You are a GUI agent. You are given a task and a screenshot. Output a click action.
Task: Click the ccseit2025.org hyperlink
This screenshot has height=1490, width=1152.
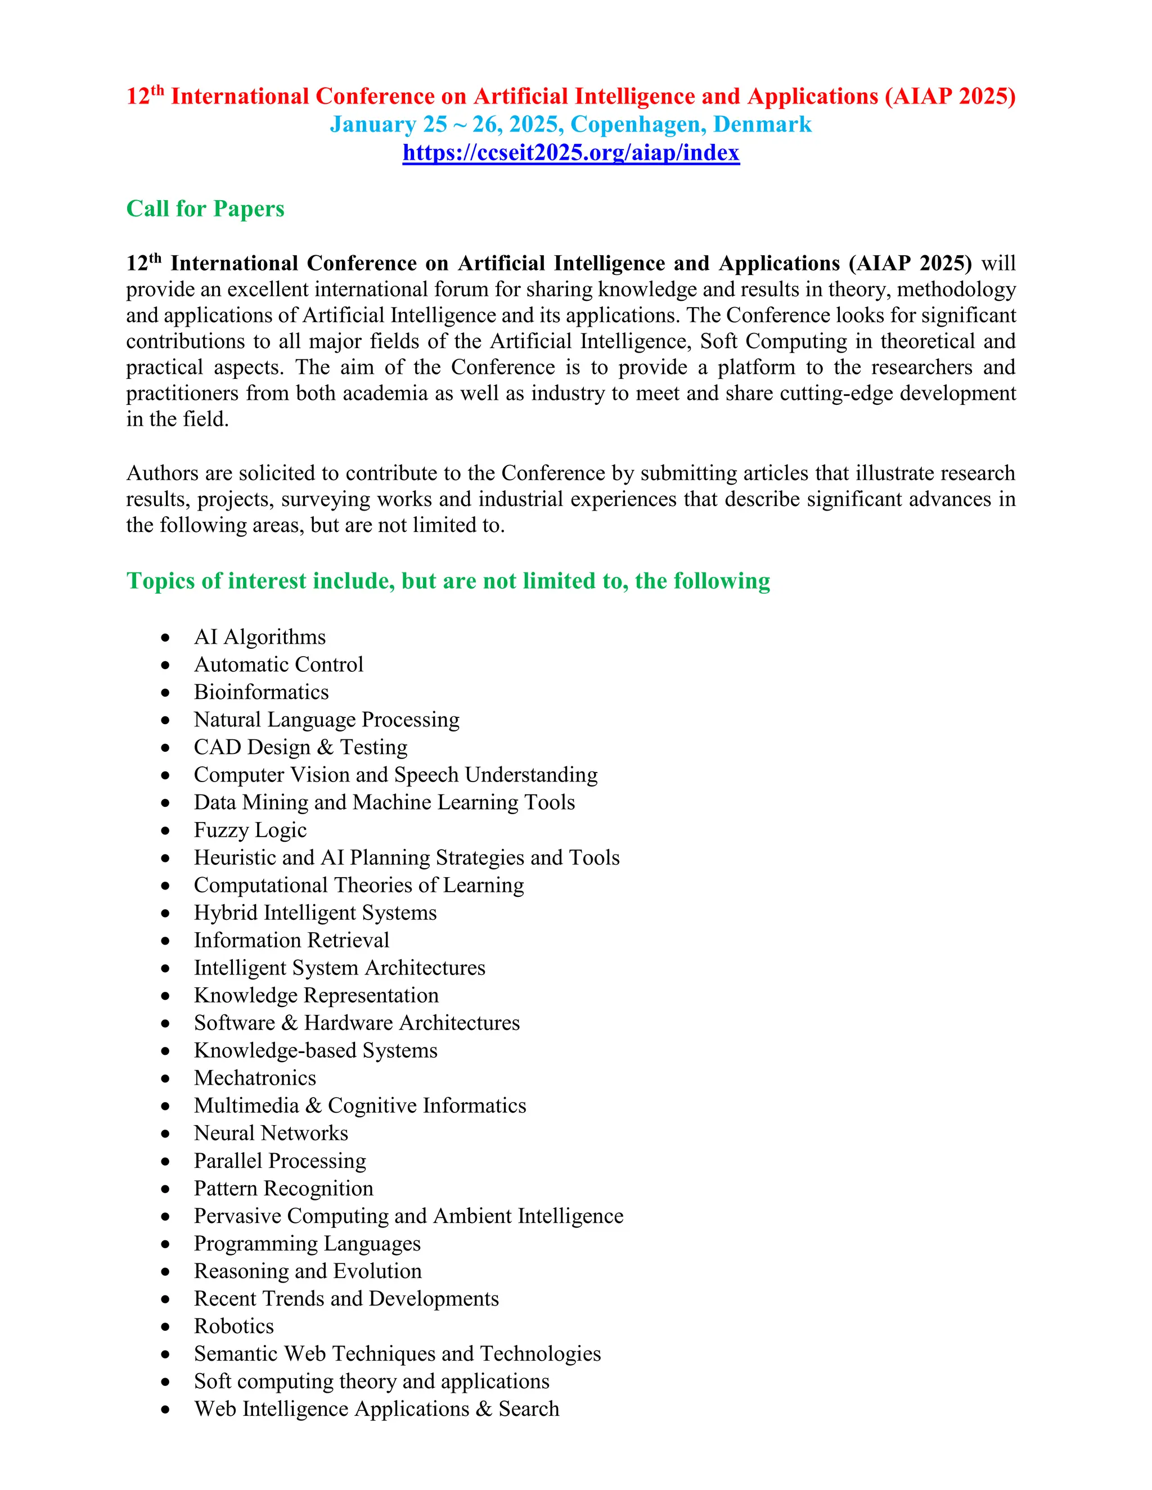coord(570,153)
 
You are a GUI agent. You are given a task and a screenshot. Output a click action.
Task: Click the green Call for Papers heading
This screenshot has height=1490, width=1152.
coord(205,209)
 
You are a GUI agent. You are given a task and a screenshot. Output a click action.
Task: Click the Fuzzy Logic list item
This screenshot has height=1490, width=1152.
coord(250,830)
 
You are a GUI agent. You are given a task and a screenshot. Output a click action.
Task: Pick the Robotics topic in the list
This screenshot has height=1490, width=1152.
coord(233,1326)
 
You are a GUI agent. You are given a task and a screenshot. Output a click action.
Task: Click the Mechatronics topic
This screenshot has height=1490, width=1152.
coord(255,1078)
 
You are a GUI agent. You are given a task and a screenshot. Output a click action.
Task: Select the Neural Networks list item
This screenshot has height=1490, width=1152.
coord(271,1133)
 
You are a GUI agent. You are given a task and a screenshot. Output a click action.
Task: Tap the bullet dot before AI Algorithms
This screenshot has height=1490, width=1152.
coord(165,639)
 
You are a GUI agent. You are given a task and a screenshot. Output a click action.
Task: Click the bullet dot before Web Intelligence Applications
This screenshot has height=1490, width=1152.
coord(165,1410)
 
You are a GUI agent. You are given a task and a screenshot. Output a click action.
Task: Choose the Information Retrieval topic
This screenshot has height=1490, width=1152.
coord(291,940)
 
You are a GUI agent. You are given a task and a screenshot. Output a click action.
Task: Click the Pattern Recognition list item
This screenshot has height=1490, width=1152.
coord(283,1189)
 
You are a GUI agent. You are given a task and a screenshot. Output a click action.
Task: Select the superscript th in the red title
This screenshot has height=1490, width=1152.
coord(157,90)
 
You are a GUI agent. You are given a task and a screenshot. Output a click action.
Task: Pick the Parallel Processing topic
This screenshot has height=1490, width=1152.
coord(280,1161)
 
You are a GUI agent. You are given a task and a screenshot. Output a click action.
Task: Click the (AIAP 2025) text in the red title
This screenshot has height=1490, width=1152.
coord(950,97)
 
